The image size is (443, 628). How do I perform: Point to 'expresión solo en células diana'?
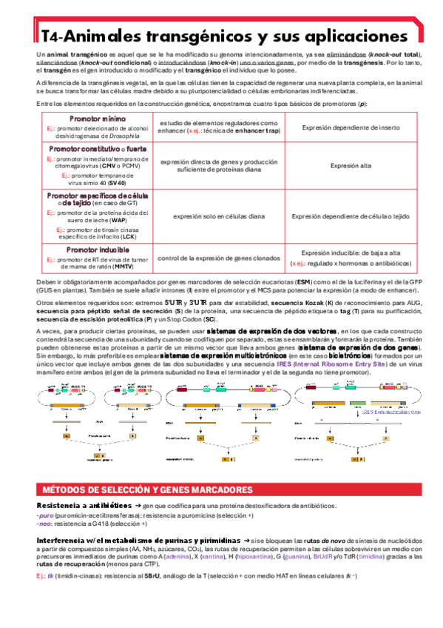tap(218, 216)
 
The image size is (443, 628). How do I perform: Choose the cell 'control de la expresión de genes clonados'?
tap(218, 258)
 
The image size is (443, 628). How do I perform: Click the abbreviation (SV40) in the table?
tap(117, 182)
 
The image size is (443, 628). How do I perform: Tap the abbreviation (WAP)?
tap(112, 220)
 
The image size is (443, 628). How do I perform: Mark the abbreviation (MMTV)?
tap(113, 267)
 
